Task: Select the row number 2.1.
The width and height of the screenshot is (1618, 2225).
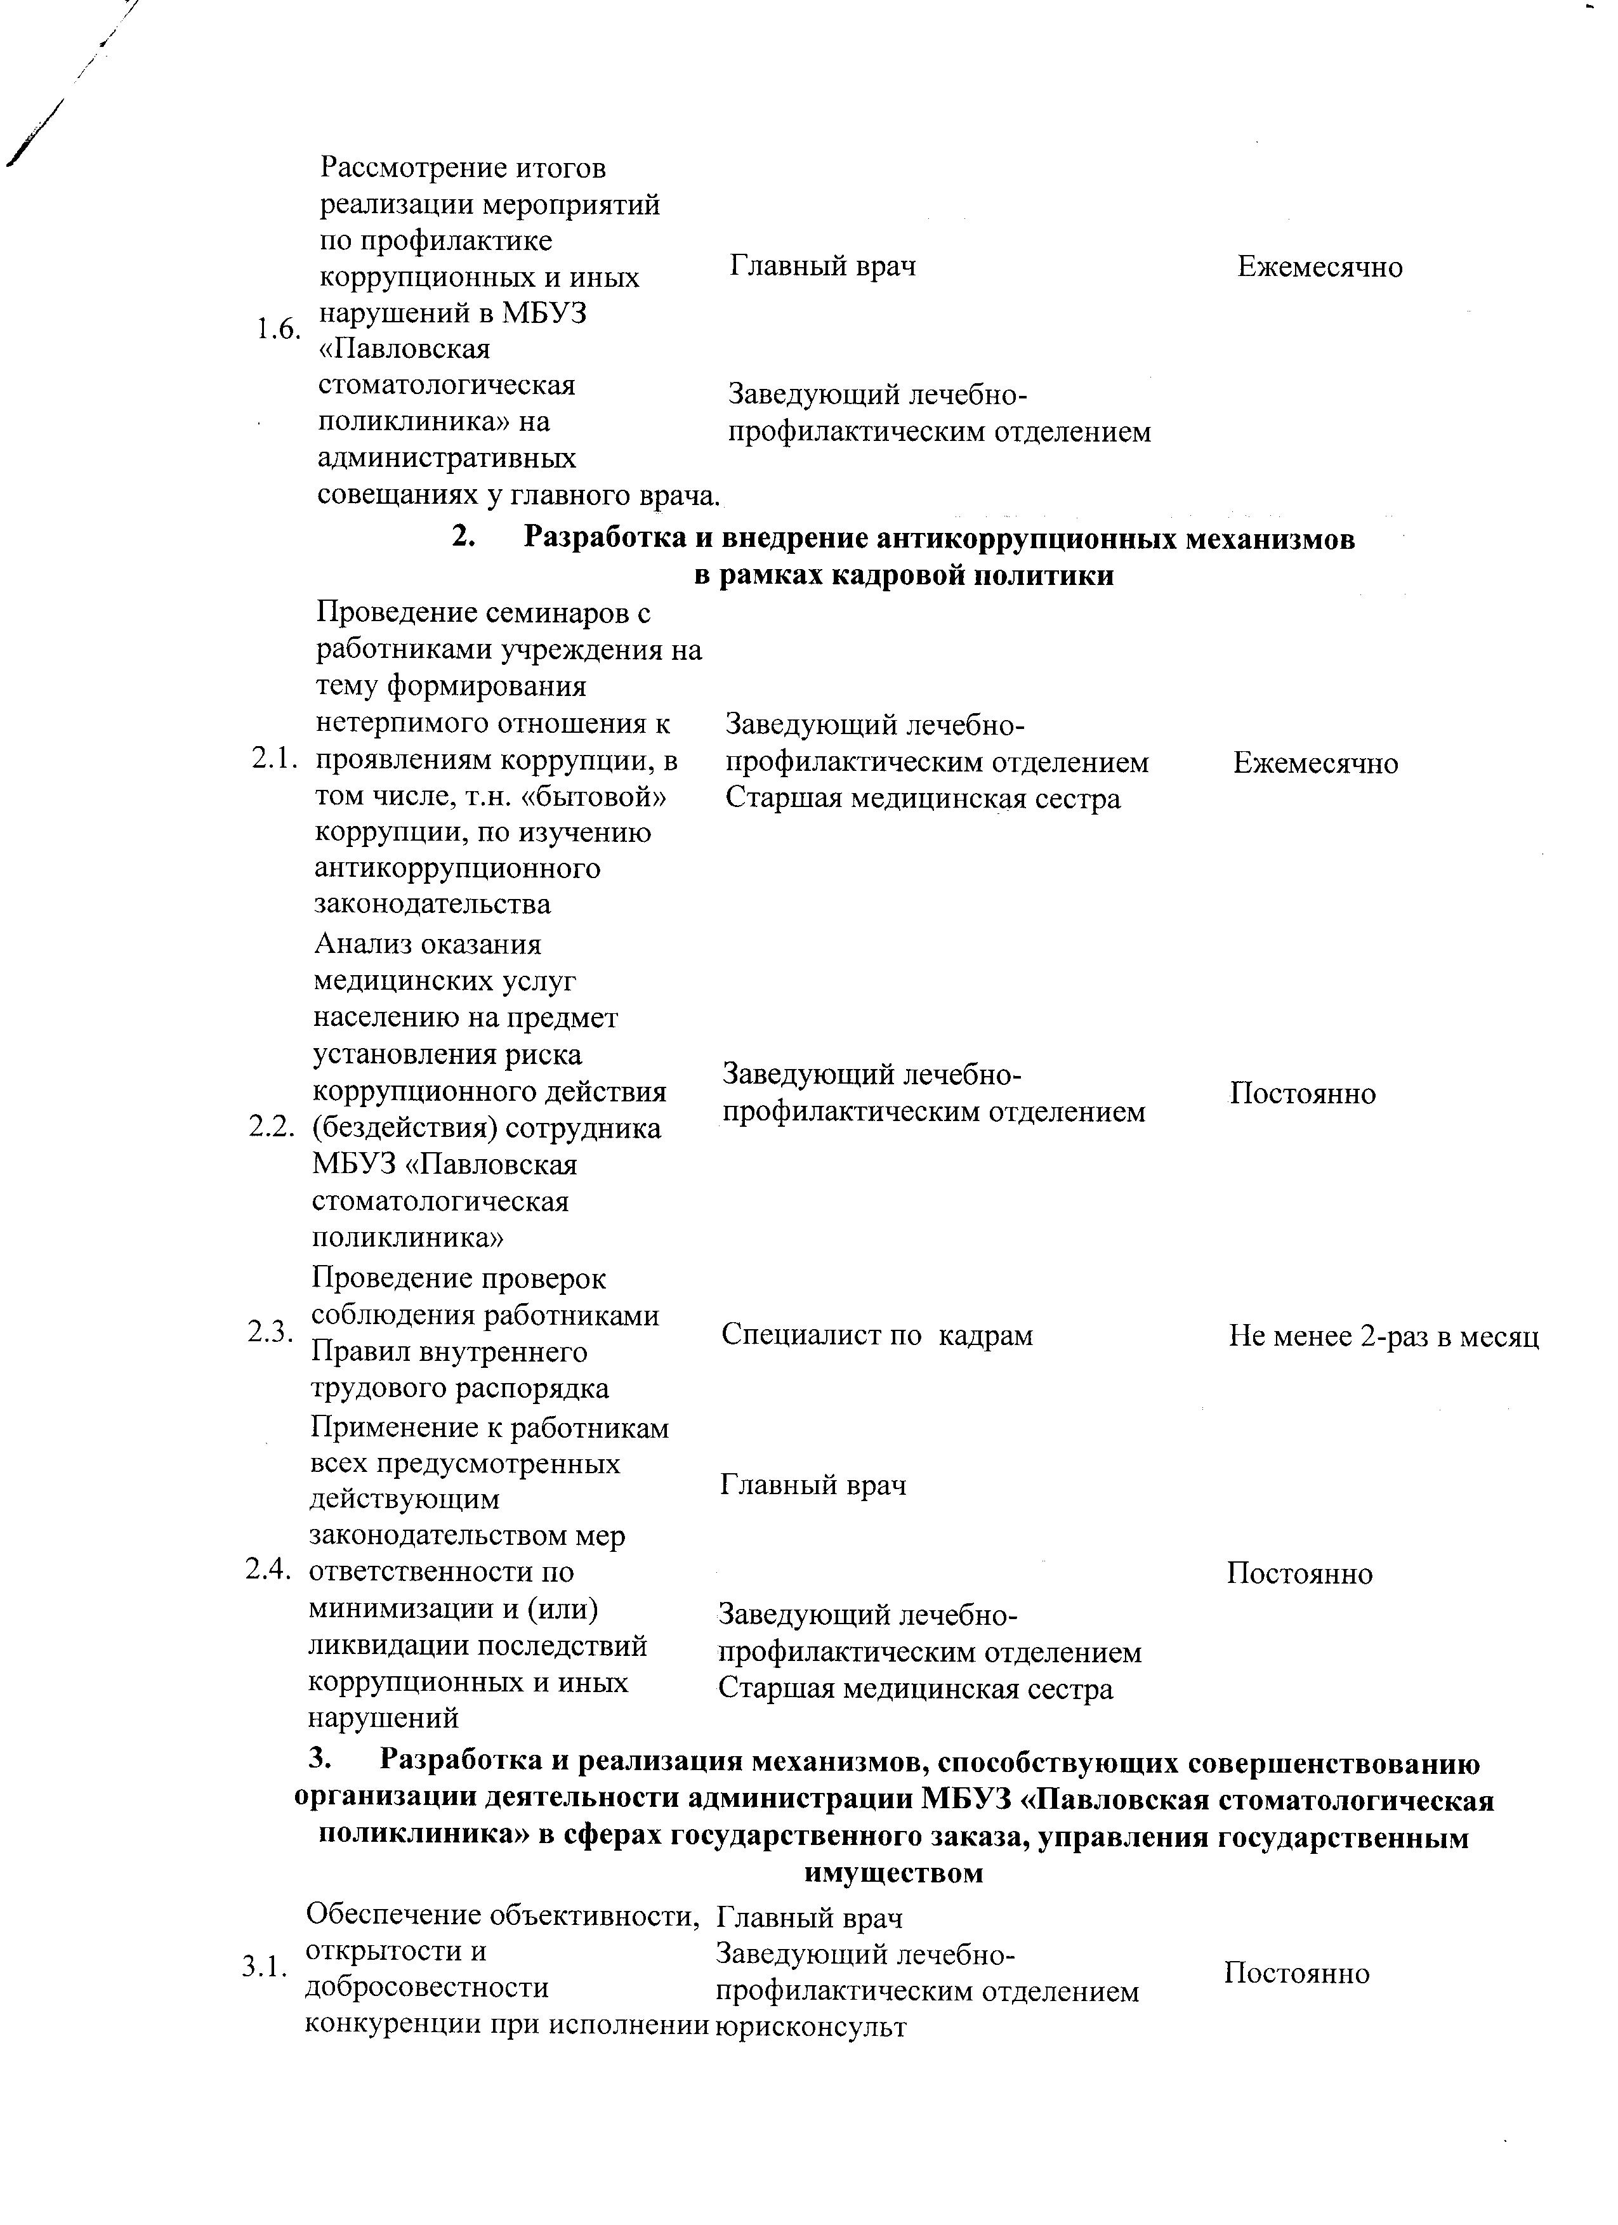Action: (273, 758)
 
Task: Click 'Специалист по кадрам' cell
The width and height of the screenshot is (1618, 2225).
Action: (877, 1336)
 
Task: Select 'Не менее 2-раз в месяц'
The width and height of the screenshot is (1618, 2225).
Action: (1383, 1336)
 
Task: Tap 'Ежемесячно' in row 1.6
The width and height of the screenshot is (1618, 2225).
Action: (1320, 267)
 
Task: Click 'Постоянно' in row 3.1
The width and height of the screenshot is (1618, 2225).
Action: (1296, 1973)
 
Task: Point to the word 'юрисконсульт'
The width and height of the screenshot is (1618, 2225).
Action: (810, 2027)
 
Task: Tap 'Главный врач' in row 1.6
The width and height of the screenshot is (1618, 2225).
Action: (823, 266)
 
